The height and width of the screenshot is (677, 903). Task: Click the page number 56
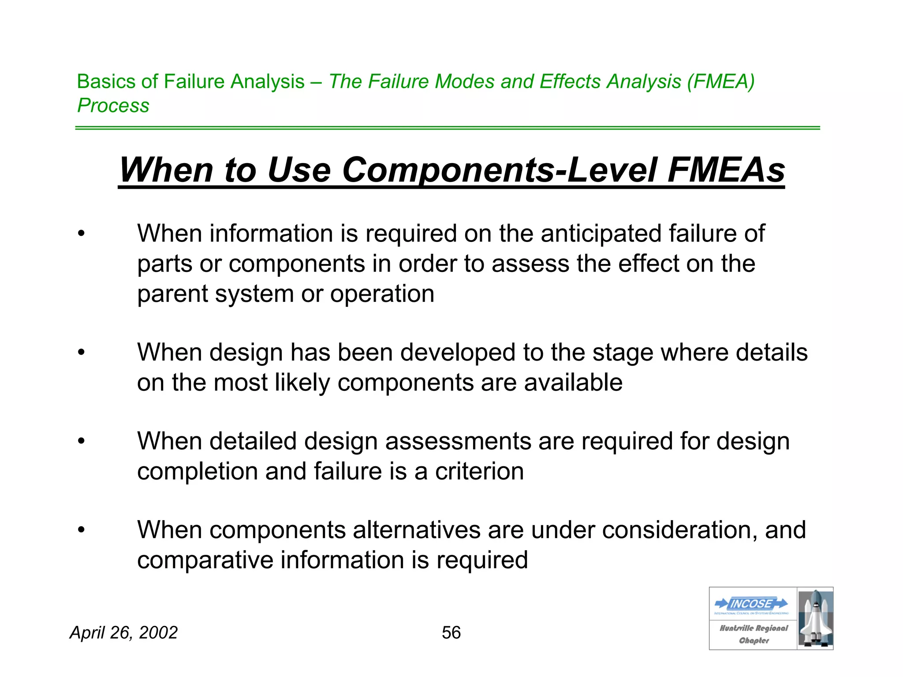pos(451,632)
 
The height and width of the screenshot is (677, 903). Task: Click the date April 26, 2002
pos(124,632)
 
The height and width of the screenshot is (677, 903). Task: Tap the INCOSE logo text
pos(751,603)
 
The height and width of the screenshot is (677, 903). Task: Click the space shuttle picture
pos(815,618)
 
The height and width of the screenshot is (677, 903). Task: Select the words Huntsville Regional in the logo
pos(754,628)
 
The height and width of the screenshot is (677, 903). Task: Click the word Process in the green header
pos(113,105)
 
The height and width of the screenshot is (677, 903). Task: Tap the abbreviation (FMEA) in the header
pos(721,82)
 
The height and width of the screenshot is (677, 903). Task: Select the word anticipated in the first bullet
pos(601,233)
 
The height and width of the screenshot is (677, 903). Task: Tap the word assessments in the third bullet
pos(458,441)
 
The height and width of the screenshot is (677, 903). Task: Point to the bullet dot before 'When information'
pos(81,234)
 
